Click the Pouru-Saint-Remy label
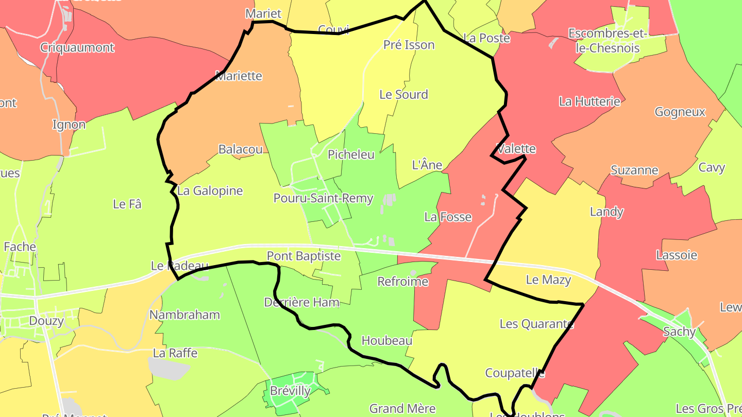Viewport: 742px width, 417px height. [323, 198]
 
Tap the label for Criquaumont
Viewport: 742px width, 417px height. [77, 48]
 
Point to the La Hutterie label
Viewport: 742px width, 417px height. [589, 101]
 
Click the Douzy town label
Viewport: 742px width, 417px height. [46, 321]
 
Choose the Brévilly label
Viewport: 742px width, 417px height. [290, 391]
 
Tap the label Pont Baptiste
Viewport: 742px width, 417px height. [303, 256]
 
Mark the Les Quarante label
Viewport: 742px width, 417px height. [536, 324]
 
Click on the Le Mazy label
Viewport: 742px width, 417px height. [548, 280]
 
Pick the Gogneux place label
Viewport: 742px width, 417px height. [680, 112]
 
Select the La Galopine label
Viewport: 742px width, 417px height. [210, 190]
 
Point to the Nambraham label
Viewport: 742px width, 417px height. [184, 315]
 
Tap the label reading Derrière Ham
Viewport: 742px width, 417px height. [301, 302]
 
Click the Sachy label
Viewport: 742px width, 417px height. [679, 332]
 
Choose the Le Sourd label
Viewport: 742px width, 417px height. [403, 94]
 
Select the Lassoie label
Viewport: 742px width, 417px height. [677, 255]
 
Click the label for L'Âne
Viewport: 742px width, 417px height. [427, 165]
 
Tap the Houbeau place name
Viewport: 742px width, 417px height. [387, 340]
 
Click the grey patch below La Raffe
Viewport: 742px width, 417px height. [168, 368]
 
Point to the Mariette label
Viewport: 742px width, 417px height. [239, 76]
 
